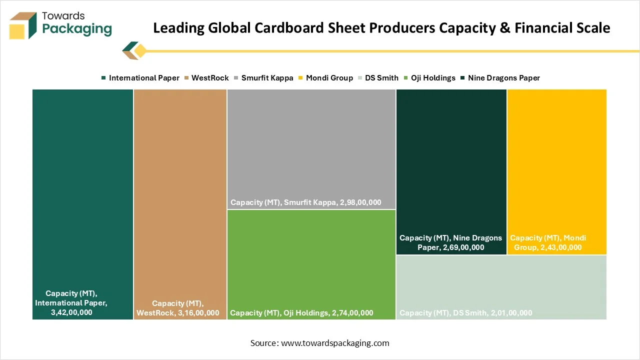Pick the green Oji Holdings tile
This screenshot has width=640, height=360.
click(x=311, y=260)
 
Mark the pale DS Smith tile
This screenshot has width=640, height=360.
click(x=501, y=285)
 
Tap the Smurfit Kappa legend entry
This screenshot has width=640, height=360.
click(x=263, y=78)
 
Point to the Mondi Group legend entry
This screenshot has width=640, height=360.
click(x=325, y=78)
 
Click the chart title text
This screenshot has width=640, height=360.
click(x=381, y=28)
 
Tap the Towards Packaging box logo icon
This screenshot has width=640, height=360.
click(x=23, y=25)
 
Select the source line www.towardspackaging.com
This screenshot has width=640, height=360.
click(x=320, y=343)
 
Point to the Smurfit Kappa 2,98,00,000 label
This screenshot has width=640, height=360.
click(x=306, y=202)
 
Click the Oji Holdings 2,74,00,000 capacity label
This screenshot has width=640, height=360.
click(x=301, y=313)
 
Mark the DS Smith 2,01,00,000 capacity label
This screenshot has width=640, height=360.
click(x=466, y=313)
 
